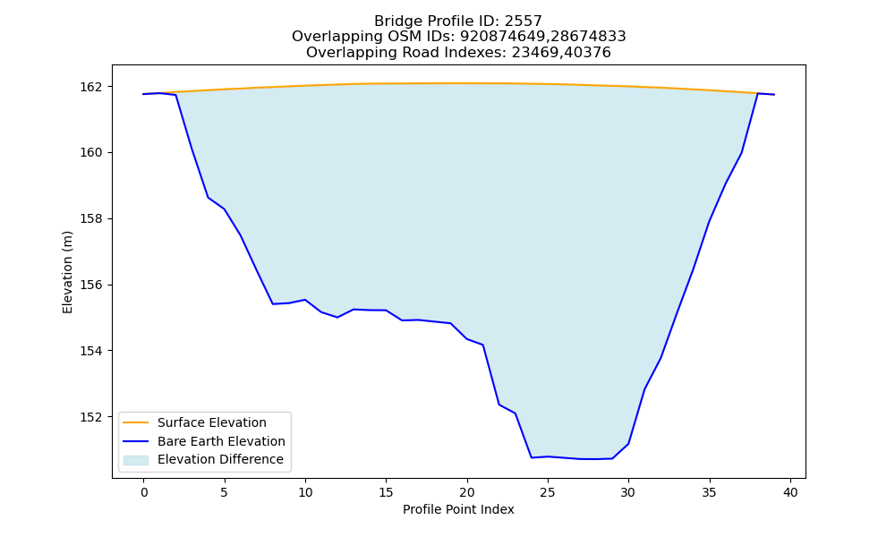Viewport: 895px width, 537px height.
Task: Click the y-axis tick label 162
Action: click(x=90, y=87)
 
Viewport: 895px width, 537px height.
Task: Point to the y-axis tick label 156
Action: click(x=90, y=285)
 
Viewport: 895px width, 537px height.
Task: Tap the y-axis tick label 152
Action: click(x=90, y=417)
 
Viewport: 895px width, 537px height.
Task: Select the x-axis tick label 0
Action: click(x=143, y=492)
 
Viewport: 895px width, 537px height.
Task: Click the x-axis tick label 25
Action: click(x=548, y=492)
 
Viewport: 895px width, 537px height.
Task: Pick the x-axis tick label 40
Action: click(x=790, y=492)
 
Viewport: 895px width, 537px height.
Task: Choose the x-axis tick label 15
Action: click(x=386, y=492)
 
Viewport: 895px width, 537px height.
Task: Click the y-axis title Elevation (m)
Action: click(x=68, y=272)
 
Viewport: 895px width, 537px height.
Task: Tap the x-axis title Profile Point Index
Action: click(x=458, y=509)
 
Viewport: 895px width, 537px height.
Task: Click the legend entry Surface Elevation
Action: click(x=212, y=422)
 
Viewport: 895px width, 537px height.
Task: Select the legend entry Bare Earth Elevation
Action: click(x=221, y=441)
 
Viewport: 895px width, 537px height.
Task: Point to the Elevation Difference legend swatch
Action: click(x=136, y=460)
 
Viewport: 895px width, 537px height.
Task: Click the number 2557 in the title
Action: click(x=524, y=21)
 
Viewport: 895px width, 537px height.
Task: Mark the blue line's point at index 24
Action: click(x=532, y=457)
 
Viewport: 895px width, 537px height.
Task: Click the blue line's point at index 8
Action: click(x=273, y=304)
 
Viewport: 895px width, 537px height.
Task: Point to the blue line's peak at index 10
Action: click(x=305, y=300)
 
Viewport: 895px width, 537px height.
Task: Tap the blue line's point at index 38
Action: click(x=758, y=93)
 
